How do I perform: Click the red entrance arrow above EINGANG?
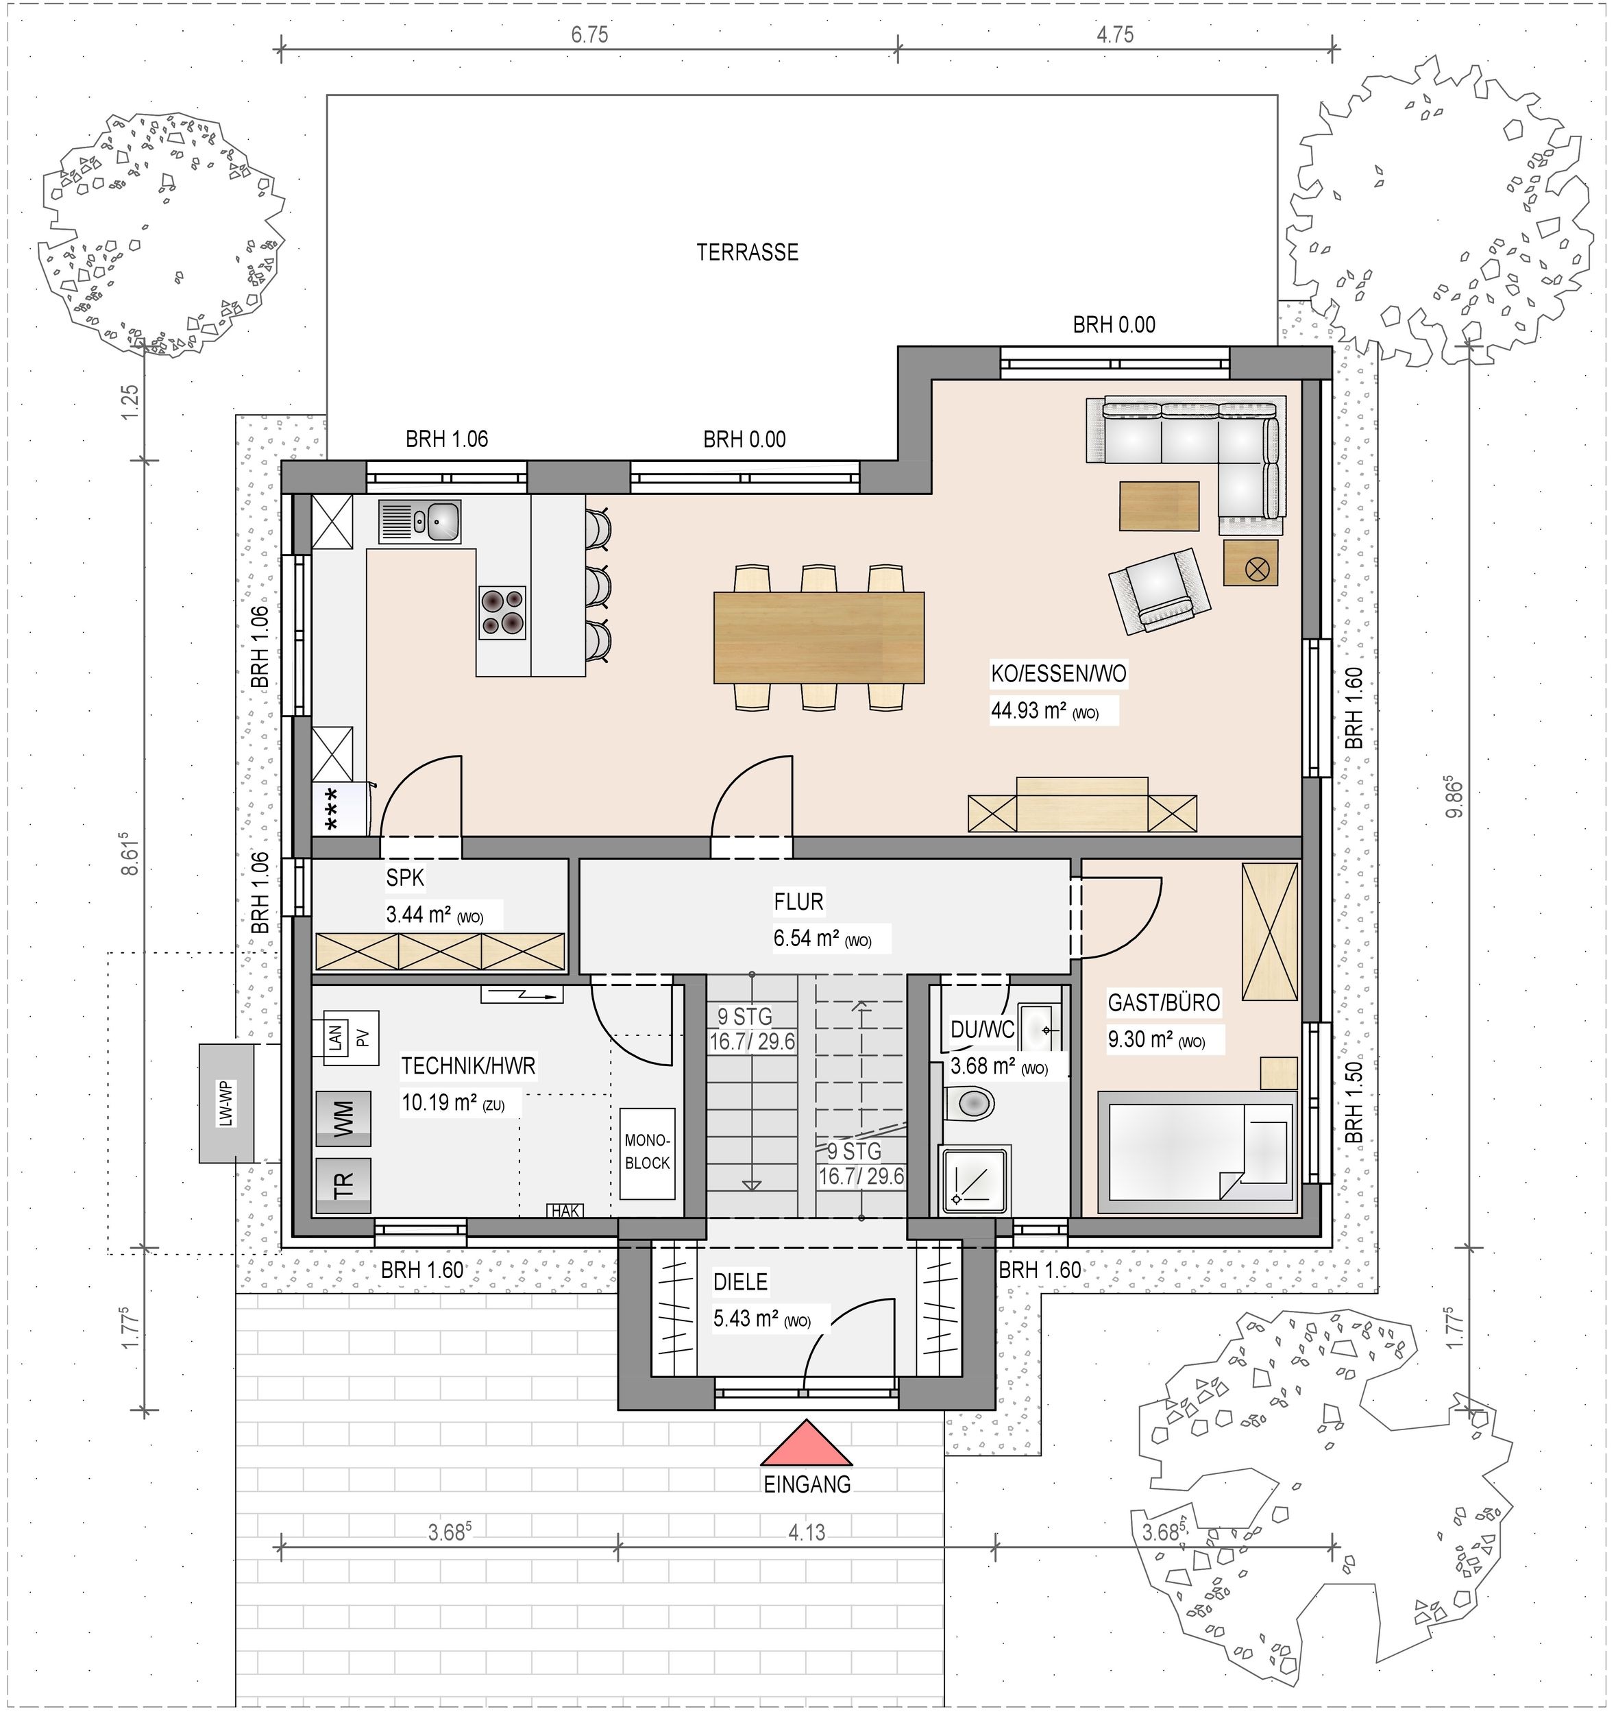pos(807,1443)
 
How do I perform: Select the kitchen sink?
pos(419,522)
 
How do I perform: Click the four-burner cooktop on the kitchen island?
pos(502,612)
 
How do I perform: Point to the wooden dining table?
pos(819,637)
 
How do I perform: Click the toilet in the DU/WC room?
pos(970,1102)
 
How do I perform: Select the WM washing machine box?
pos(343,1118)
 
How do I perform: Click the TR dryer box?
pos(343,1185)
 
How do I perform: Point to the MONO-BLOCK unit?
pos(647,1152)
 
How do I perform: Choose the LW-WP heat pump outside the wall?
pos(227,1102)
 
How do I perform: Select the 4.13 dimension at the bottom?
pos(807,1532)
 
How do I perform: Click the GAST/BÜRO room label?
pos(1164,1003)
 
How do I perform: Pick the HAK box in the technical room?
pos(565,1211)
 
